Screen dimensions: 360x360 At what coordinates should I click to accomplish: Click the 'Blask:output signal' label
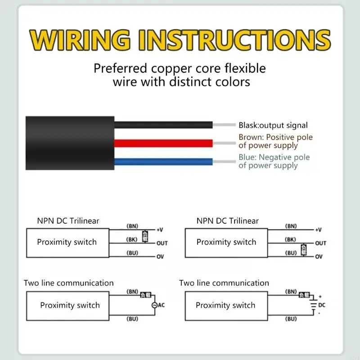point(273,126)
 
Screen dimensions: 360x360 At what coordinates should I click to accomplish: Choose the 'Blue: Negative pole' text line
point(274,157)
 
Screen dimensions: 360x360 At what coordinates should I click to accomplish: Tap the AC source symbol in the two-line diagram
point(154,305)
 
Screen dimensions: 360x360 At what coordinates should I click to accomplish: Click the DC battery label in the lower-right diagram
point(321,305)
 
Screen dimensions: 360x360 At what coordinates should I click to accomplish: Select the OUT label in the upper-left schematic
point(162,243)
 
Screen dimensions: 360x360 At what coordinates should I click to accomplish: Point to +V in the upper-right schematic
point(318,229)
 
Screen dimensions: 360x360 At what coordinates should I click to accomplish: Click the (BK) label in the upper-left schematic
point(132,239)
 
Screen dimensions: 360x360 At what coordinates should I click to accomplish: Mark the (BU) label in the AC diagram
point(132,319)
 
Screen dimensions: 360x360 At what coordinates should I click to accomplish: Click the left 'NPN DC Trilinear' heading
point(68,220)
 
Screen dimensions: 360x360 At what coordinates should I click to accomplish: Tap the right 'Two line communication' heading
point(224,283)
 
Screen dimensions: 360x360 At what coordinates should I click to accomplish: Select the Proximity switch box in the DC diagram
point(225,305)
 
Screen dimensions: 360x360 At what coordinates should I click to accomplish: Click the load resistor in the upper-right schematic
point(304,249)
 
